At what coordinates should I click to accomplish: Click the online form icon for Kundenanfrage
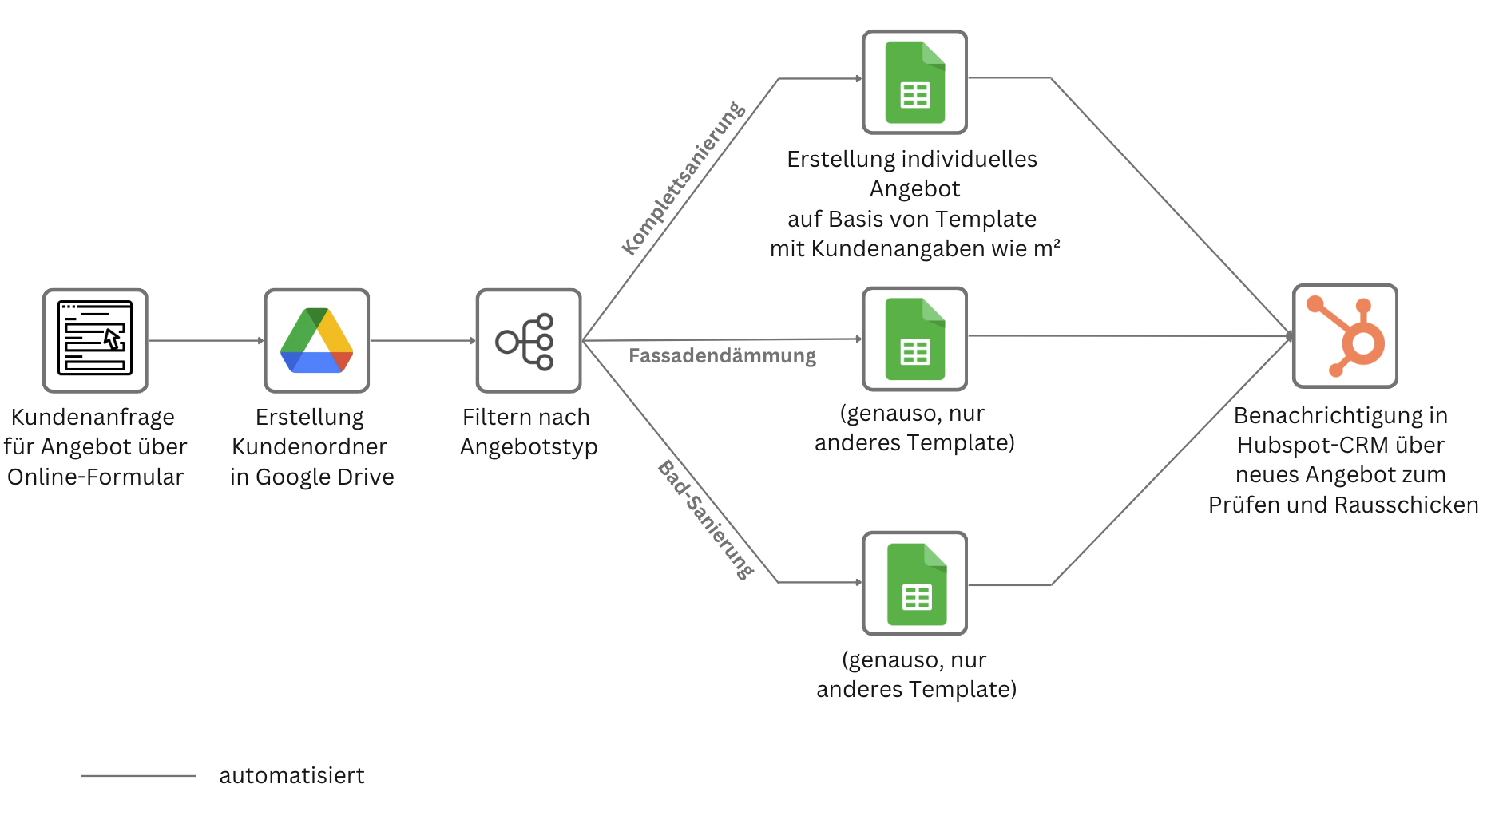point(95,340)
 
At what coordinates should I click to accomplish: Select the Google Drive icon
point(316,340)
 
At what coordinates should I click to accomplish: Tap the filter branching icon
point(528,340)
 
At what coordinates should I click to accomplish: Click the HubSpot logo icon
point(1345,336)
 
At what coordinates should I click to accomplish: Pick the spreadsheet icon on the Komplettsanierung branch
point(914,82)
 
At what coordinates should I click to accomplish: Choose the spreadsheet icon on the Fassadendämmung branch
point(914,339)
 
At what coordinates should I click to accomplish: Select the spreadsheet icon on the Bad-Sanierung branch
point(914,584)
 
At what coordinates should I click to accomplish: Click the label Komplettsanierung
point(683,178)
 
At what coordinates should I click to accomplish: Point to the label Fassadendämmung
point(722,356)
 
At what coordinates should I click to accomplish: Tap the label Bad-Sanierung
point(706,520)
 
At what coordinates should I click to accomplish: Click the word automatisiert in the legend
point(291,776)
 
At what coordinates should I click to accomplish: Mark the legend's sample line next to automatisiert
point(138,775)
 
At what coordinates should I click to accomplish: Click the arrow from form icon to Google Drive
point(205,341)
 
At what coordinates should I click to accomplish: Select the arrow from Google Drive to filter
point(422,341)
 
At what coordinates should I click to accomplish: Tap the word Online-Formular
point(95,477)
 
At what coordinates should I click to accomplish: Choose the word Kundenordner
point(309,447)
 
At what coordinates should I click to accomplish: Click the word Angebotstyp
point(529,447)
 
